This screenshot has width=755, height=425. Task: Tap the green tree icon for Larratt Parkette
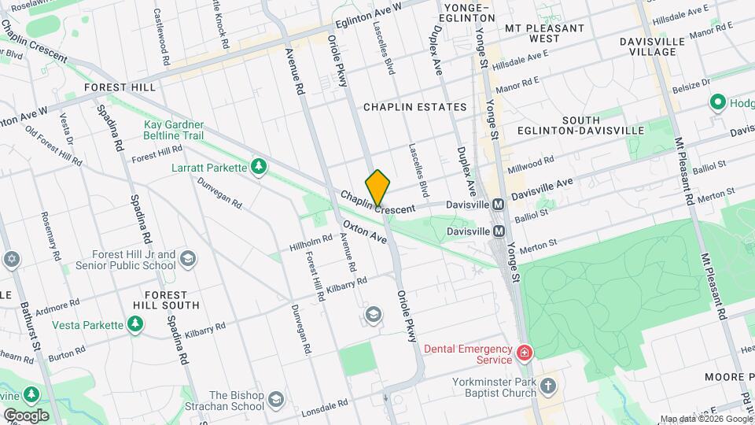point(257,166)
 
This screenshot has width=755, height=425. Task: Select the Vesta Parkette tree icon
point(136,324)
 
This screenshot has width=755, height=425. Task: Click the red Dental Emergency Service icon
point(523,353)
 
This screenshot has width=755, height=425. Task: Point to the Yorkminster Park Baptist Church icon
point(548,386)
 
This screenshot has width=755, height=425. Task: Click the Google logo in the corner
point(26,415)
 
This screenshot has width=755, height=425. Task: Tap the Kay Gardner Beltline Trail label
point(174,130)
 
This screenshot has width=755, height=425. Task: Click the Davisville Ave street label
point(542,189)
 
